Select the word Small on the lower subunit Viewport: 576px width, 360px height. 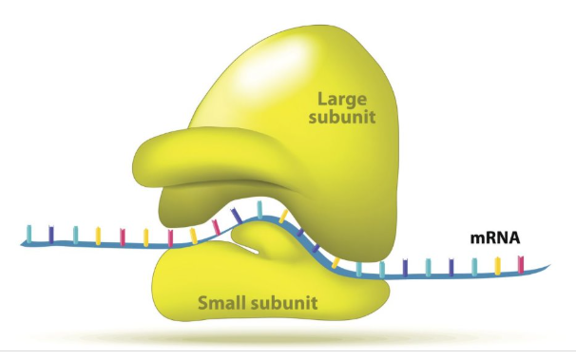point(223,304)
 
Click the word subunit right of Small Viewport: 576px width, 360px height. point(282,304)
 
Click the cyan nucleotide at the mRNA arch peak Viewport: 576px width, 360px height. point(259,208)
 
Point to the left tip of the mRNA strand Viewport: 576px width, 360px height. point(21,243)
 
